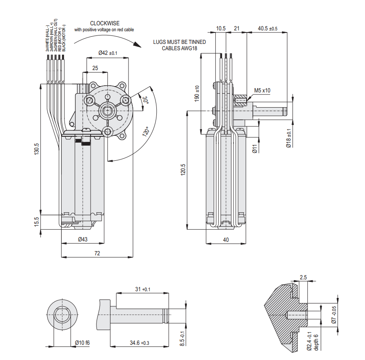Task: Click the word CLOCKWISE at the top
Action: [105, 24]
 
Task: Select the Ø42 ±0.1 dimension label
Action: [108, 53]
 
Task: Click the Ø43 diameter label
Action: [83, 240]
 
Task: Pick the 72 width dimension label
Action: [97, 253]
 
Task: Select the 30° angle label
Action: [145, 100]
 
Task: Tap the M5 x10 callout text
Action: [262, 90]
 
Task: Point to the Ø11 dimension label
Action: [255, 148]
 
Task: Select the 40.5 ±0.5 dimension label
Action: [268, 29]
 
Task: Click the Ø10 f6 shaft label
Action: [82, 343]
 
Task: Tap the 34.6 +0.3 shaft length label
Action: [138, 343]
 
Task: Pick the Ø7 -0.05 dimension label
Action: [334, 315]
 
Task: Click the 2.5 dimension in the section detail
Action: [303, 277]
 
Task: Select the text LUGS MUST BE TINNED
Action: [179, 42]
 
